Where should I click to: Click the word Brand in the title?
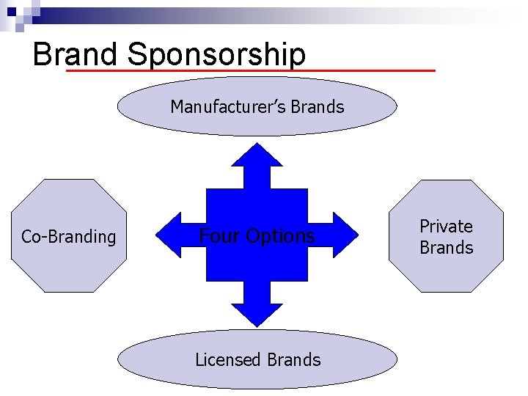point(75,54)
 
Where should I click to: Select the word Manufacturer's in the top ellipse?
point(228,107)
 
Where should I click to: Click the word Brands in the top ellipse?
point(317,107)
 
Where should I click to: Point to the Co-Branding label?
point(68,237)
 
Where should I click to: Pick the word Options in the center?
point(281,236)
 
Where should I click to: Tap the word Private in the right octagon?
point(446,227)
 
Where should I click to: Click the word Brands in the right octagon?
point(446,248)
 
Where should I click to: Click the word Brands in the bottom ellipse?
point(293,360)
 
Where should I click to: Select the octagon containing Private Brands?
point(446,275)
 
